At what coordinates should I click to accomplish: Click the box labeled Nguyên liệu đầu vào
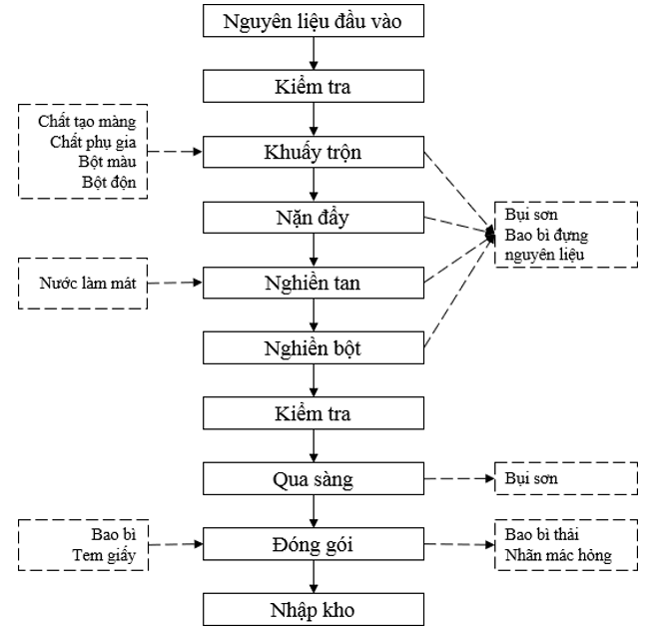pyautogui.click(x=315, y=20)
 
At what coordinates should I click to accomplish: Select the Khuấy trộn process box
pyautogui.click(x=315, y=154)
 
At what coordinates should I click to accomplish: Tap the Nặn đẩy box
pyautogui.click(x=315, y=218)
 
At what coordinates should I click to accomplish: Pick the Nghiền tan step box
pyautogui.click(x=315, y=283)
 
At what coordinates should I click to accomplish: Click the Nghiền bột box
pyautogui.click(x=315, y=347)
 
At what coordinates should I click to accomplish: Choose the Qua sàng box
pyautogui.click(x=315, y=478)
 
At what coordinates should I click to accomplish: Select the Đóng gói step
pyautogui.click(x=315, y=544)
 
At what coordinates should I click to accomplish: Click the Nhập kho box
pyautogui.click(x=315, y=608)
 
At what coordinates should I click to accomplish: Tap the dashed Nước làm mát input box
pyautogui.click(x=83, y=285)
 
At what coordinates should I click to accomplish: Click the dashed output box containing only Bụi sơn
pyautogui.click(x=564, y=478)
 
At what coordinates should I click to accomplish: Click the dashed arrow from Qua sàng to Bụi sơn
pyautogui.click(x=461, y=478)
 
